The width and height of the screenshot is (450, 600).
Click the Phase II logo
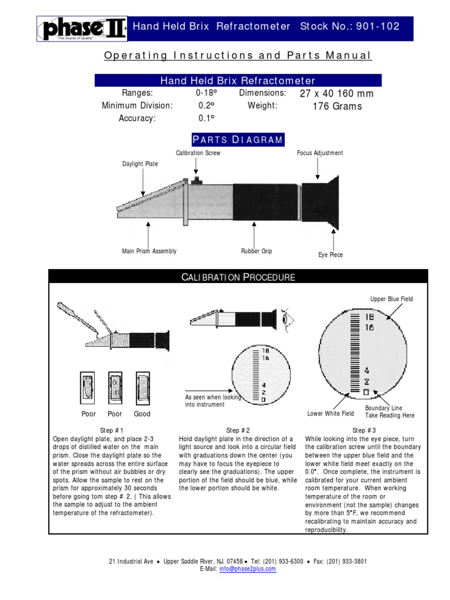coord(81,29)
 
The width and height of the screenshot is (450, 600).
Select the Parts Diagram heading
coord(238,139)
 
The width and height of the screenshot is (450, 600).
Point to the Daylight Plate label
coord(139,164)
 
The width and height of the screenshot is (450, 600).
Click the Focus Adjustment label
coord(320,153)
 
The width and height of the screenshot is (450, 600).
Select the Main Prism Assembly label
coord(149,251)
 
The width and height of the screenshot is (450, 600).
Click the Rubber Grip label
coord(256,251)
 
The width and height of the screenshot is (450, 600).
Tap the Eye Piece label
coord(330,255)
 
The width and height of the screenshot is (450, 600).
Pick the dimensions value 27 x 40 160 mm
coord(336,94)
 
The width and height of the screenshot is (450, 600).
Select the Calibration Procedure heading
coord(238,277)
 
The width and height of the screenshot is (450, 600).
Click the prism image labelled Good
coord(142,387)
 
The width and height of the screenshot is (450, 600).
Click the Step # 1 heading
coord(111,430)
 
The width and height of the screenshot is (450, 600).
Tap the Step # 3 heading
coord(364,430)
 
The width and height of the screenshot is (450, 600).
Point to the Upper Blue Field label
coord(391,299)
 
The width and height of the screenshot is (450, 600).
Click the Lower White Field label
coord(330,414)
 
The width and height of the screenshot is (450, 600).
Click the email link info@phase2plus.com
coord(247,569)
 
